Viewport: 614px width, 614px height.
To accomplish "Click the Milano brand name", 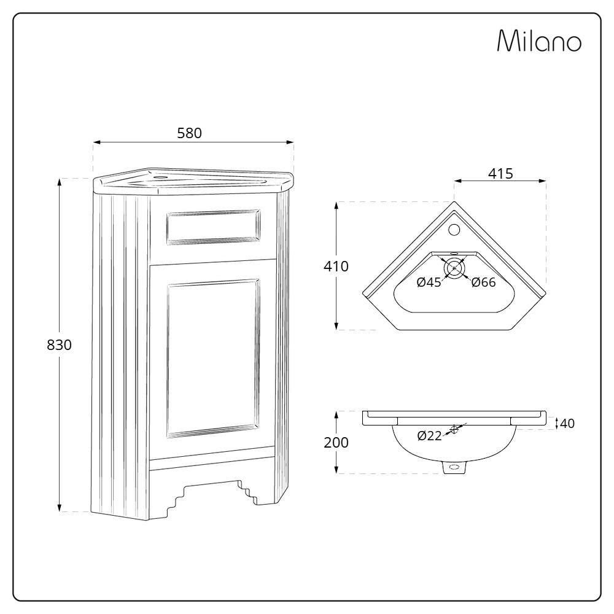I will [539, 41].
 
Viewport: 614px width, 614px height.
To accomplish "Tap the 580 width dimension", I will [189, 133].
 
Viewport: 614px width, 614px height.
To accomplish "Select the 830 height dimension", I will [60, 345].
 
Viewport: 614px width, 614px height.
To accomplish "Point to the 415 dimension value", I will [500, 174].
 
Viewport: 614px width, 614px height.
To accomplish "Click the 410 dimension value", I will [336, 266].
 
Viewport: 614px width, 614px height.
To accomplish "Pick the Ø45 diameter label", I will [429, 282].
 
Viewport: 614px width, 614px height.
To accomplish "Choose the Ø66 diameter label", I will [483, 282].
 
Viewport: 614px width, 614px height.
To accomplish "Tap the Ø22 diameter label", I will [429, 436].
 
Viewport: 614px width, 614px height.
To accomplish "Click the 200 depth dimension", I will [336, 442].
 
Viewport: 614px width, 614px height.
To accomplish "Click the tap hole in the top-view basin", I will [455, 230].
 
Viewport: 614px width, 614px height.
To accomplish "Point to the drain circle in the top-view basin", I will [454, 268].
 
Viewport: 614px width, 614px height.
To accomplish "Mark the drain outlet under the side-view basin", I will [454, 467].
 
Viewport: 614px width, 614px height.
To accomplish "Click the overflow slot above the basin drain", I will [454, 252].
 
